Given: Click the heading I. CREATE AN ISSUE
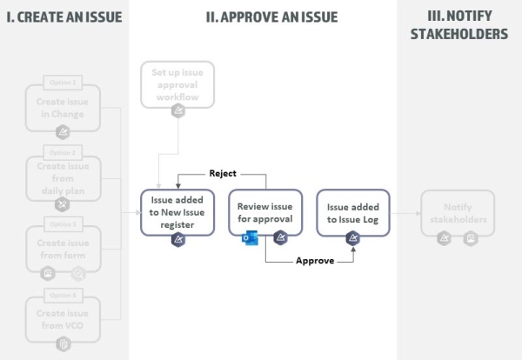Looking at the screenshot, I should (x=64, y=17).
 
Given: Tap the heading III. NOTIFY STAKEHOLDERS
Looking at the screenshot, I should (x=458, y=25).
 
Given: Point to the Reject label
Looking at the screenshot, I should (x=222, y=173).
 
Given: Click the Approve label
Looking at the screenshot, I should (x=315, y=260).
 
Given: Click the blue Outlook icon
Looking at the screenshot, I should (x=248, y=237).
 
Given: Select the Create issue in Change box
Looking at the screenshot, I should (x=63, y=107).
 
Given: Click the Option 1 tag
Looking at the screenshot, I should (x=63, y=83).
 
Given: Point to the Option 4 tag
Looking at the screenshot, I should (x=63, y=295).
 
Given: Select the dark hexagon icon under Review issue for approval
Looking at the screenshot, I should (x=280, y=237).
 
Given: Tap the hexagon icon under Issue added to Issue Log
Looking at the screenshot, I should (x=352, y=237).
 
